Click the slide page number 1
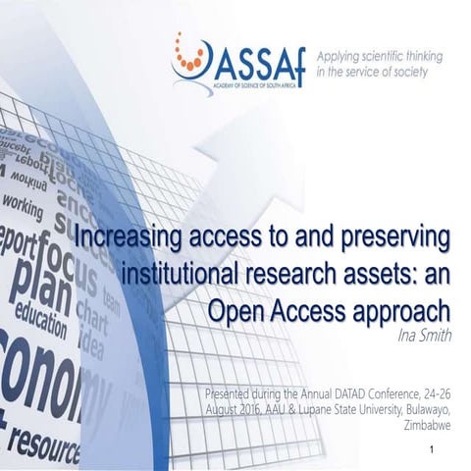[433, 449]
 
